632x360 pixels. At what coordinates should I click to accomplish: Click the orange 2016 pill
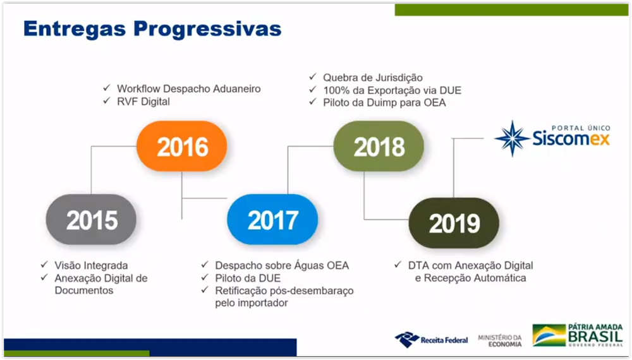[182, 146]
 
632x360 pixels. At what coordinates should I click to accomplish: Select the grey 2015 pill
[91, 219]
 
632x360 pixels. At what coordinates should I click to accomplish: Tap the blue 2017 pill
[272, 219]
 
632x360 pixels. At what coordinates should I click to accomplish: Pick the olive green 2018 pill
[379, 146]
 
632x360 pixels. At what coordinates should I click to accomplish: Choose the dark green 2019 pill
[454, 223]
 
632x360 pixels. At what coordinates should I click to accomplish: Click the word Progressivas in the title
[207, 29]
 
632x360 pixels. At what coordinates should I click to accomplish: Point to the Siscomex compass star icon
[513, 138]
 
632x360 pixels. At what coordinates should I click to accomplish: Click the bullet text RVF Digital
[143, 102]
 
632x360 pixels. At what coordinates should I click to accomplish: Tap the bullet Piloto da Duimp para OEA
[384, 103]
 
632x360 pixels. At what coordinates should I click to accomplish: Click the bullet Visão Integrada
[91, 265]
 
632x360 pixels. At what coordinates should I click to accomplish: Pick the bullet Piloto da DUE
[248, 278]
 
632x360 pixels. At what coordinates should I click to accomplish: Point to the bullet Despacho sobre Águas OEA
[282, 265]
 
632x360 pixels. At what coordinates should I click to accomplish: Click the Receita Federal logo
[431, 340]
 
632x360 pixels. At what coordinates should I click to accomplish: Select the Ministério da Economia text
[500, 340]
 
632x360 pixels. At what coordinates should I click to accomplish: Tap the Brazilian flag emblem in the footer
[549, 335]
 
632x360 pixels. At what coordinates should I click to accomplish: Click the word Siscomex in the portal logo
[571, 138]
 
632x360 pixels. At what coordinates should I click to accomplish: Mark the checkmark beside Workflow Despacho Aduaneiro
[107, 88]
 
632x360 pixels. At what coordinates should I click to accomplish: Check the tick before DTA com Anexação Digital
[398, 265]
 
